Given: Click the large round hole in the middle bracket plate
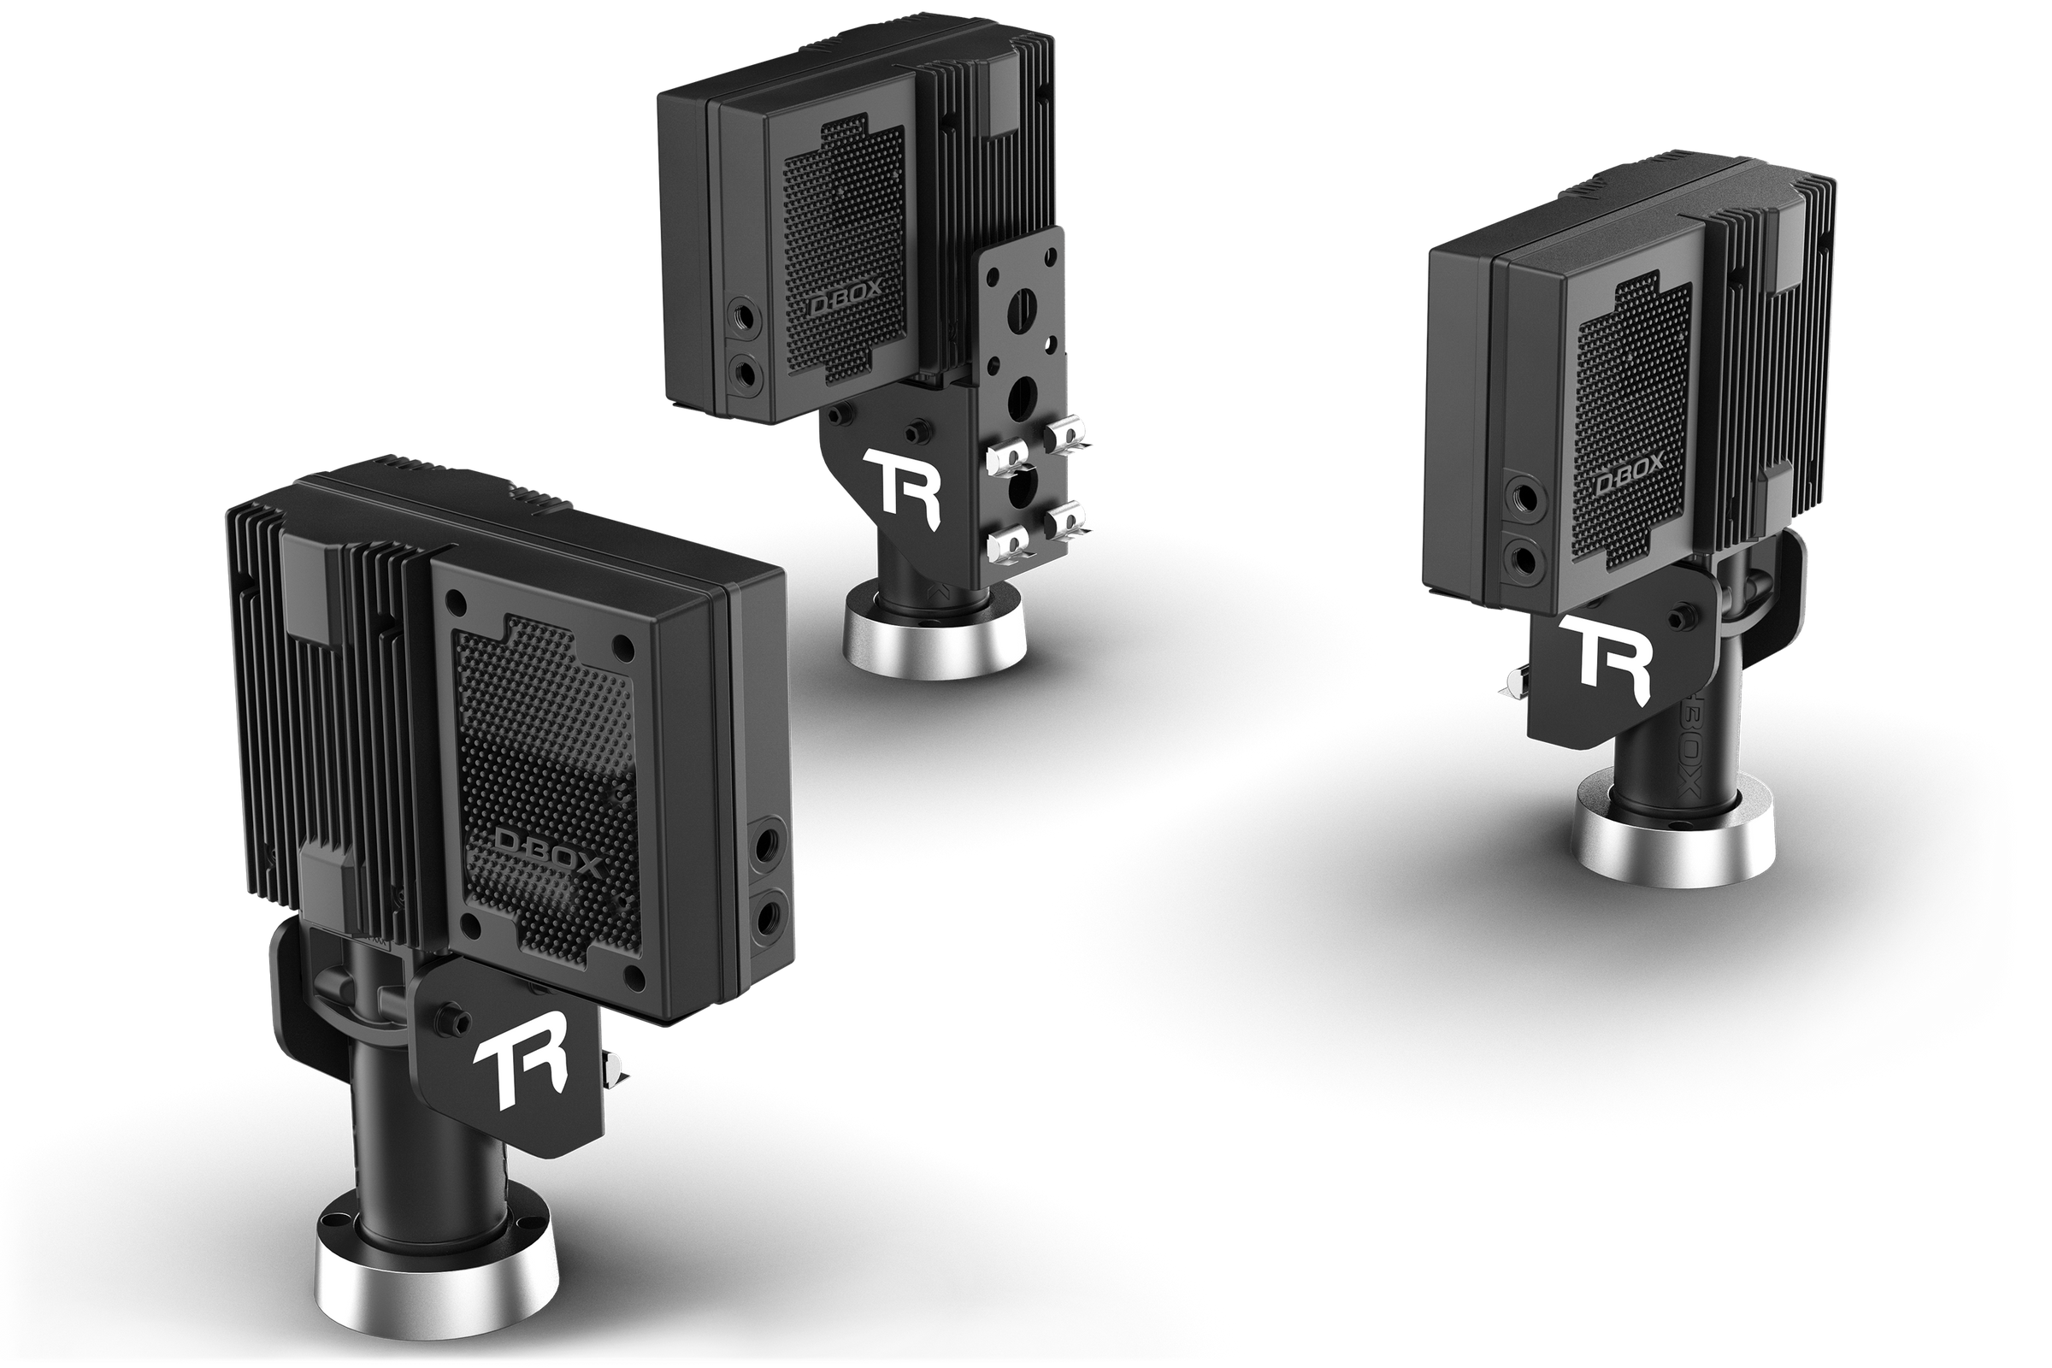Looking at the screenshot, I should point(1020,398).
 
